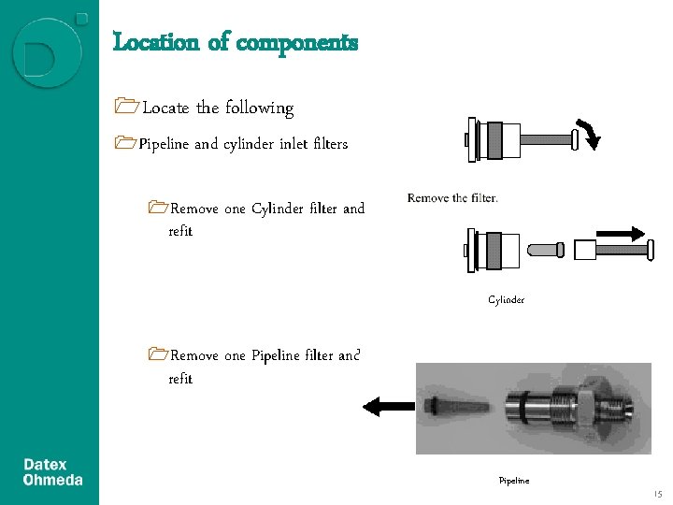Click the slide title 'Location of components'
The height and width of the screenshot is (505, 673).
click(235, 42)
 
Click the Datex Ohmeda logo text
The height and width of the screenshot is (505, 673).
click(52, 472)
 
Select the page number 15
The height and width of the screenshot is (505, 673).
click(657, 494)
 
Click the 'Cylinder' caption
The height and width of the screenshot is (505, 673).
click(506, 300)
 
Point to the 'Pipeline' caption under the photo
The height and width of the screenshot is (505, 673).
click(513, 481)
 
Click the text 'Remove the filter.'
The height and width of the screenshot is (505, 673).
click(453, 198)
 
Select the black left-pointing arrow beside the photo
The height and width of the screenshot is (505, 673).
click(388, 406)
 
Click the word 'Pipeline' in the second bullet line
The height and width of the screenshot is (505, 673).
click(164, 144)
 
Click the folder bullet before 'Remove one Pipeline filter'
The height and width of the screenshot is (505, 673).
click(158, 355)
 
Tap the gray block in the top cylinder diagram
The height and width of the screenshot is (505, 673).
click(508, 140)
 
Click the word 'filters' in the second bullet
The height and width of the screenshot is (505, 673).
click(331, 144)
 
